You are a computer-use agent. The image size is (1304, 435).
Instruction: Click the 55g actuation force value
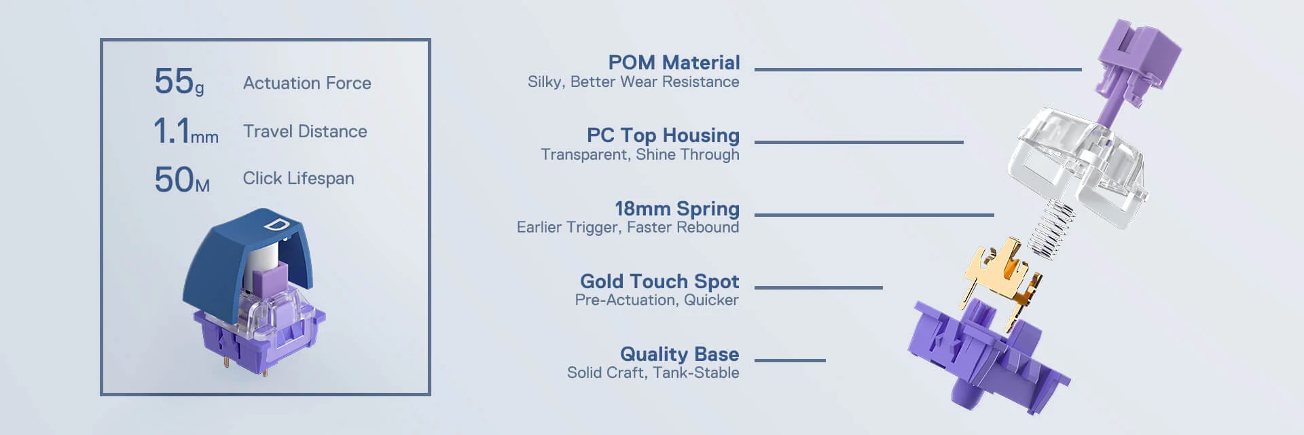point(179,82)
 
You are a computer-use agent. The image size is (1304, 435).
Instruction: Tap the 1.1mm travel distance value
point(186,130)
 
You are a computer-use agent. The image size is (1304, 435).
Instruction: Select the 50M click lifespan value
point(182,179)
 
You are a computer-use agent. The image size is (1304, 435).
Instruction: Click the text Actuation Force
point(307,83)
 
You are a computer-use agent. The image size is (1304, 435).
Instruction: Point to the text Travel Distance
point(305,131)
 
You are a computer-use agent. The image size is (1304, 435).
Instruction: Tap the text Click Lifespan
point(298,178)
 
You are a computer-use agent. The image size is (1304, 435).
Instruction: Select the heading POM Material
point(674,63)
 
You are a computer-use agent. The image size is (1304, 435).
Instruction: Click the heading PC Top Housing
point(663,135)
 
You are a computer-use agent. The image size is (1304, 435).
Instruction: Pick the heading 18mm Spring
point(677,209)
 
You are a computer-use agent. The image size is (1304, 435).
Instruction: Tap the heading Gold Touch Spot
point(659,281)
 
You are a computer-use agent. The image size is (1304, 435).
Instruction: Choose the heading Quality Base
point(680,354)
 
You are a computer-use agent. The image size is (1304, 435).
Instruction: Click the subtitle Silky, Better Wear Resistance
point(634,82)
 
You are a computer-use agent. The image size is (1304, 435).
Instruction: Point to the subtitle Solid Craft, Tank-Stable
point(653,372)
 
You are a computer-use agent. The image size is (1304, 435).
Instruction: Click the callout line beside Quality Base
point(790,360)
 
